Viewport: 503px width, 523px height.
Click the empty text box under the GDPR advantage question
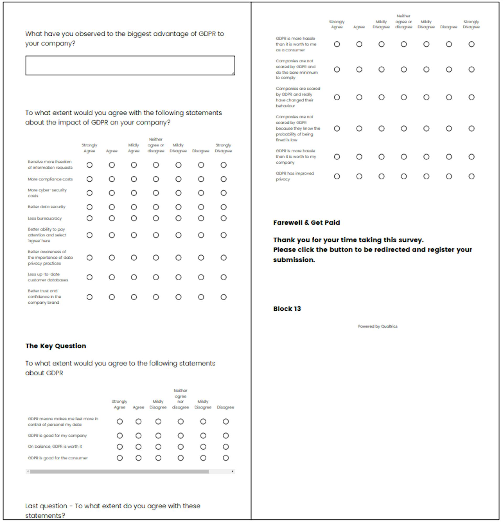130,66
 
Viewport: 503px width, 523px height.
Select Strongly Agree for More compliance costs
90,179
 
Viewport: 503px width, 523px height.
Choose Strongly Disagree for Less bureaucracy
224,218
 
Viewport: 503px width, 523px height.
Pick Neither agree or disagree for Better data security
156,207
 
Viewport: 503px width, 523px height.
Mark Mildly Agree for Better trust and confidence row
134,297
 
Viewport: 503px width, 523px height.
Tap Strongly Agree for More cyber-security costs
90,193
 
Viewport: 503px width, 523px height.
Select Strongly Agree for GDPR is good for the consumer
120,458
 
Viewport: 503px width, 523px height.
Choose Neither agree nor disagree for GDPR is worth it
181,447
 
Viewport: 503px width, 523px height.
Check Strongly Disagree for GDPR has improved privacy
472,176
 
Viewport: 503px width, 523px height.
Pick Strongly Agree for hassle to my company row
337,157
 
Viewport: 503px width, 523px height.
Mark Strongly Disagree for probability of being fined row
472,129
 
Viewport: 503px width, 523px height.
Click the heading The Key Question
56,346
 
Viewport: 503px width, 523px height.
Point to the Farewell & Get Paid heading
306,222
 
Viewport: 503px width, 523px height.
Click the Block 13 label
287,309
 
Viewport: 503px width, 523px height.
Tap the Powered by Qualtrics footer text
378,326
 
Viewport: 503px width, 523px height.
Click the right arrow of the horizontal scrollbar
232,471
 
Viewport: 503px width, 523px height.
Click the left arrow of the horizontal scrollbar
28,471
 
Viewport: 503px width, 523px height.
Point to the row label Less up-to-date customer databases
48,277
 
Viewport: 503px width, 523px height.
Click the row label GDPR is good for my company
57,435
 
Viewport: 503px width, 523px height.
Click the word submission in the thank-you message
293,260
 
